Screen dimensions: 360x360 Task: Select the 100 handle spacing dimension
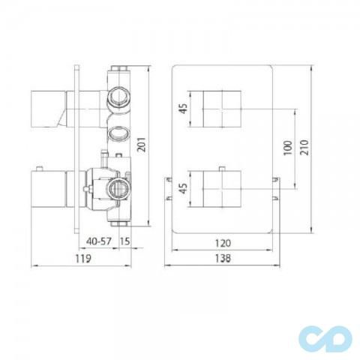tap(287, 146)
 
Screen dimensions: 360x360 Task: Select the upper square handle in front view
tap(223, 108)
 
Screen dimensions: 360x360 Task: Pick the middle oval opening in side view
tap(118, 136)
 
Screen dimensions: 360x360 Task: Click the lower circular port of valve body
tap(118, 186)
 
